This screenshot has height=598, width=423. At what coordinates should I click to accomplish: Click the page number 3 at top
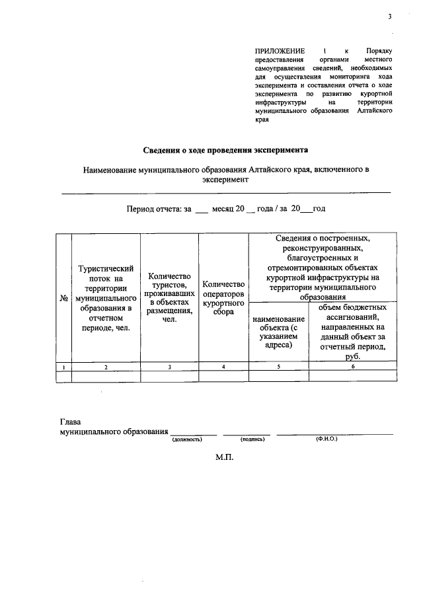[390, 17]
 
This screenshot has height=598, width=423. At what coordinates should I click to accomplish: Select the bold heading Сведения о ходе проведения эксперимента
[226, 149]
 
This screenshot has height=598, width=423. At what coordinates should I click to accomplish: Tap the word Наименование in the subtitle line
[109, 170]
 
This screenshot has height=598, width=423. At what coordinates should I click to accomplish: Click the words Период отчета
[154, 209]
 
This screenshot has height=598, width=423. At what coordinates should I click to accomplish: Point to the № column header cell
[64, 298]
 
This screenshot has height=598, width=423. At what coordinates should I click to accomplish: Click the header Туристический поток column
[106, 298]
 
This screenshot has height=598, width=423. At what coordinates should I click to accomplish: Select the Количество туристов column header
[170, 298]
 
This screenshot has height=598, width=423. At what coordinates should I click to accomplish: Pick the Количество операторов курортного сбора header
[224, 298]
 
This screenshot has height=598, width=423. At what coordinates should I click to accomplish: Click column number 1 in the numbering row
[64, 367]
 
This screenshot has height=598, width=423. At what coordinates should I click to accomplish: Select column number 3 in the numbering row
[170, 367]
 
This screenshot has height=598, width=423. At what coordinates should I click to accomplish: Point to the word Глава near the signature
[71, 421]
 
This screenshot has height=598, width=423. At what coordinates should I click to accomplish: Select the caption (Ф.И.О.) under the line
[327, 438]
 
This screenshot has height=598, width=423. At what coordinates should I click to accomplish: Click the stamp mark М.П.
[225, 457]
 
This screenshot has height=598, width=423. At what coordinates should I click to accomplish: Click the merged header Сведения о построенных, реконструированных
[323, 268]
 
